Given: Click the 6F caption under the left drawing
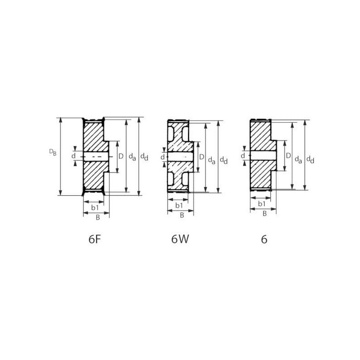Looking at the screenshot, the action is coord(95,239).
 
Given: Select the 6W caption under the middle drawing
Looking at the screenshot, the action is coord(180,239).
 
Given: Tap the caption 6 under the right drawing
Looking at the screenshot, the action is coord(264,239).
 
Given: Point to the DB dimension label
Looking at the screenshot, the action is coord(53,152).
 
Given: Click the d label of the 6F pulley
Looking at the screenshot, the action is coord(73,156).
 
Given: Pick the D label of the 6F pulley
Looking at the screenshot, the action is coord(121,156).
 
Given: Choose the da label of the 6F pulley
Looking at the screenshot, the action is coord(132,157).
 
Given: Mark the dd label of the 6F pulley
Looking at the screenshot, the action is coord(144,157).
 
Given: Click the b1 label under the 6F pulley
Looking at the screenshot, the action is coord(95,207).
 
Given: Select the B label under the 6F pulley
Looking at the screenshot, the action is coord(98,217).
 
